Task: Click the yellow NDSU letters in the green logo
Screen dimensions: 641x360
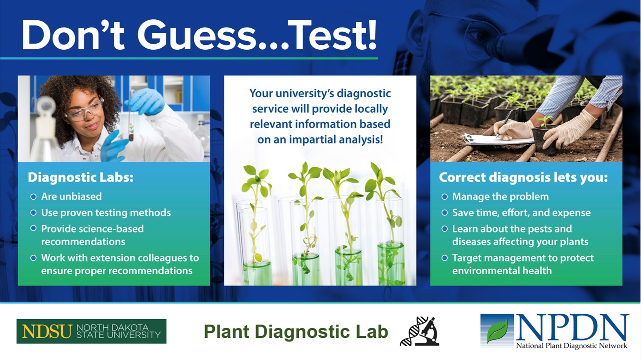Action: pos(46,331)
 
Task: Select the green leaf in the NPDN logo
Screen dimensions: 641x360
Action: pos(498,331)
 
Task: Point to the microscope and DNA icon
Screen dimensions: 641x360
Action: pos(420,331)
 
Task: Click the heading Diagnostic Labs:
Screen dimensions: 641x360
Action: pos(81,177)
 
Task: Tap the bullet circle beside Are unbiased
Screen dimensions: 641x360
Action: pos(34,197)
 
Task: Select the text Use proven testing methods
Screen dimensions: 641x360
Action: pos(106,213)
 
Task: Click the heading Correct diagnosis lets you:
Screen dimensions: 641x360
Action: pos(523,177)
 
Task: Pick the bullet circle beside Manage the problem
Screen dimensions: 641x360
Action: pos(445,197)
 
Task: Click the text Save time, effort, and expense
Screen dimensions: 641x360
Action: pos(521,213)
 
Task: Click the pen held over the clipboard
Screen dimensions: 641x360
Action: pos(504,123)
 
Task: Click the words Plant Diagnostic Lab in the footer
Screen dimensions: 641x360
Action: pos(296,332)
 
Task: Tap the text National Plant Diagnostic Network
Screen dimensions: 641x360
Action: pos(571,346)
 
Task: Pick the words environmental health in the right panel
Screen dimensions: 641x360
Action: pos(502,271)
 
